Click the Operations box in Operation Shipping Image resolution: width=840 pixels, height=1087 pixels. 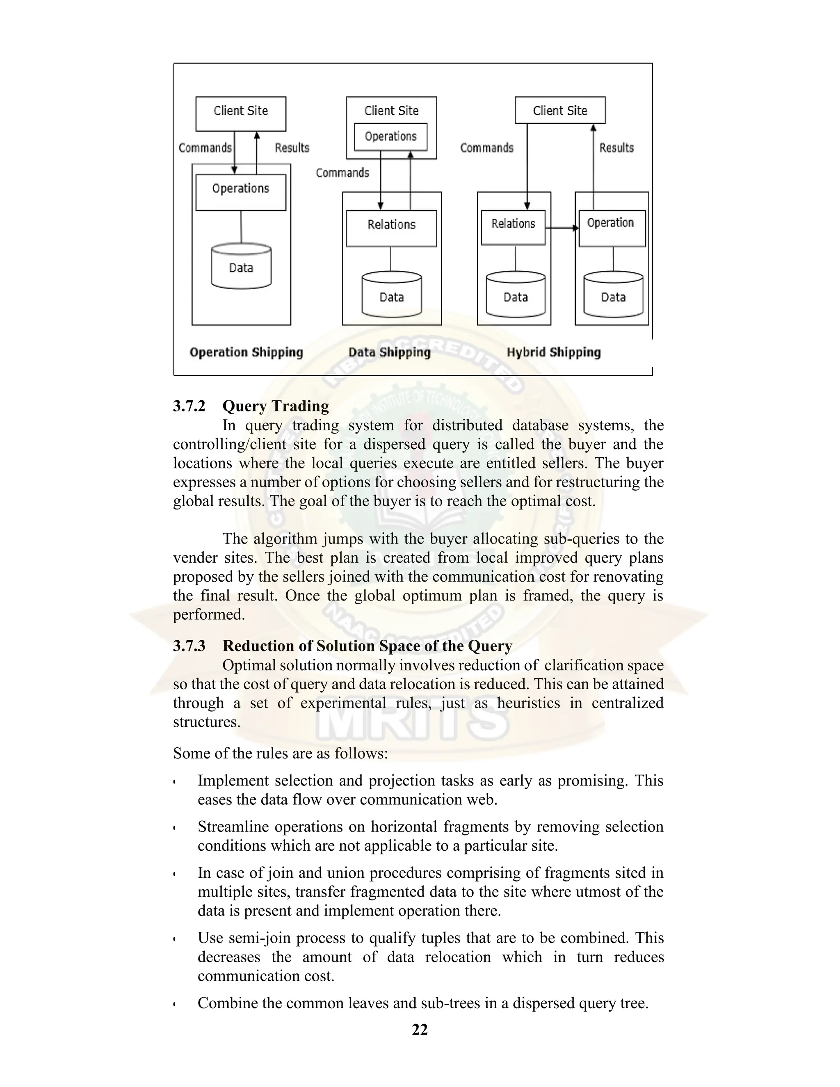[x=240, y=192]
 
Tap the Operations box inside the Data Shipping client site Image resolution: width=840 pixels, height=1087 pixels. [x=390, y=136]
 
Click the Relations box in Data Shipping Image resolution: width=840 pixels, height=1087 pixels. [x=391, y=228]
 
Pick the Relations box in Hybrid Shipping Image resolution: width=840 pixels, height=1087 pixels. [x=513, y=227]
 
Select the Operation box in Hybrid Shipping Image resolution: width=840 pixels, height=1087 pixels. [x=612, y=228]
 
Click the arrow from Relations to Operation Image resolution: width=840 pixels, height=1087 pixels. [x=562, y=228]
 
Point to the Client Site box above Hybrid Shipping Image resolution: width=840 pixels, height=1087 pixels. [x=560, y=110]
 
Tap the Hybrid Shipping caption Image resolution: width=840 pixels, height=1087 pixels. [x=553, y=352]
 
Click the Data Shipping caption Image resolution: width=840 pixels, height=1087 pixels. [x=389, y=352]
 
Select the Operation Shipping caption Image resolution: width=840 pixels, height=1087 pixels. [x=247, y=352]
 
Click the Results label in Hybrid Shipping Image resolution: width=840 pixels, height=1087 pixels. [x=616, y=147]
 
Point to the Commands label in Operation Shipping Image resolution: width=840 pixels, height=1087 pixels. [x=205, y=147]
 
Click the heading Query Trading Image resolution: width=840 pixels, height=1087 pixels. [x=275, y=406]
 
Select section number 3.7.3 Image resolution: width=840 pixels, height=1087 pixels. [x=189, y=646]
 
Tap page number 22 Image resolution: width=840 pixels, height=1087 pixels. [x=420, y=1029]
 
